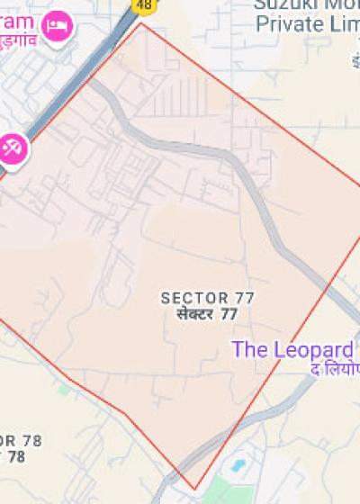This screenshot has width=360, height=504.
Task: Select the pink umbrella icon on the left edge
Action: point(13,147)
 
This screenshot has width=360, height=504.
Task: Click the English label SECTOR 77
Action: point(208,298)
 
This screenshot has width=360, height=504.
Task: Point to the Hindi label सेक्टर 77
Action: point(208,314)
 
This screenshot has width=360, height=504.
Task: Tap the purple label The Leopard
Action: point(292,349)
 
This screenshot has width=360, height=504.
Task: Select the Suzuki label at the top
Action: point(301,4)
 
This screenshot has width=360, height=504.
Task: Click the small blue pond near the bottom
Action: point(238,465)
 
